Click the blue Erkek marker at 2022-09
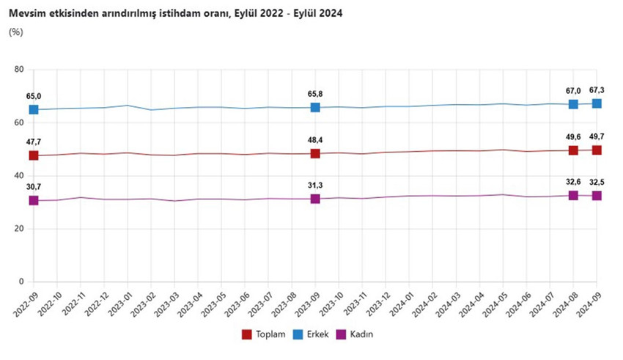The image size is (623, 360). click(x=34, y=110)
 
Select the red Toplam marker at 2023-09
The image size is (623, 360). click(x=315, y=153)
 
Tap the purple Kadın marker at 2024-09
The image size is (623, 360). click(x=597, y=196)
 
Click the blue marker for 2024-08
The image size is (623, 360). click(x=573, y=104)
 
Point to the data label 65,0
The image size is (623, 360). click(x=34, y=96)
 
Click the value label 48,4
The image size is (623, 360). click(x=315, y=139)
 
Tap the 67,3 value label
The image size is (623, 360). click(x=597, y=90)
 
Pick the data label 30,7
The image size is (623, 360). click(x=34, y=187)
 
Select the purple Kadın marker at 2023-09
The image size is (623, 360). click(x=315, y=199)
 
